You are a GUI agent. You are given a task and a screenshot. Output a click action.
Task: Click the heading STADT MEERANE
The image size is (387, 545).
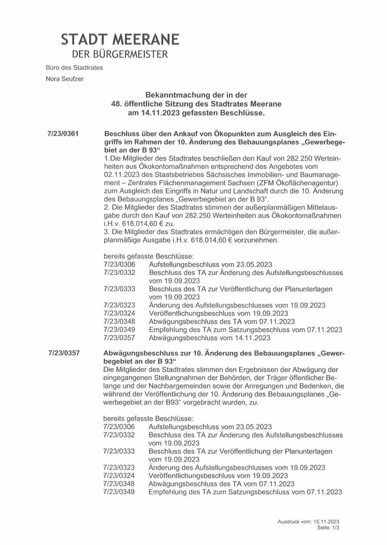click(120, 39)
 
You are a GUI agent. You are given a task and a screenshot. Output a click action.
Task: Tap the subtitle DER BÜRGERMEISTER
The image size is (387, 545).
click(120, 54)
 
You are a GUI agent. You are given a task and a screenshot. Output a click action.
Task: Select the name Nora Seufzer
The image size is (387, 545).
click(64, 79)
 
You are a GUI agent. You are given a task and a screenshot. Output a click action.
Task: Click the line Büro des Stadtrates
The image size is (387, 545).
click(74, 68)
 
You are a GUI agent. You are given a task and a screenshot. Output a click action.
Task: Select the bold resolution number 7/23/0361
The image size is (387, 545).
click(63, 133)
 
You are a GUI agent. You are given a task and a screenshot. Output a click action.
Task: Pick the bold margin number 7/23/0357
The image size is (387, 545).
click(64, 353)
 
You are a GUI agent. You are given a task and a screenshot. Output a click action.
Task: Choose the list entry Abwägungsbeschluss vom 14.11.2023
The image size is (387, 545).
click(210, 338)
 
